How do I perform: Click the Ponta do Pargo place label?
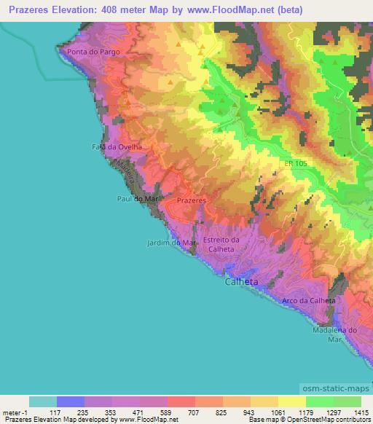pos(92,52)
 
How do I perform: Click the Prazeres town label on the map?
pos(192,199)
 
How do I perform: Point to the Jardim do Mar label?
pos(172,243)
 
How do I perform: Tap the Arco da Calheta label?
pos(308,300)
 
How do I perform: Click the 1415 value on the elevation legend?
pos(361,412)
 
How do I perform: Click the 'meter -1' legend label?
pos(15,412)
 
